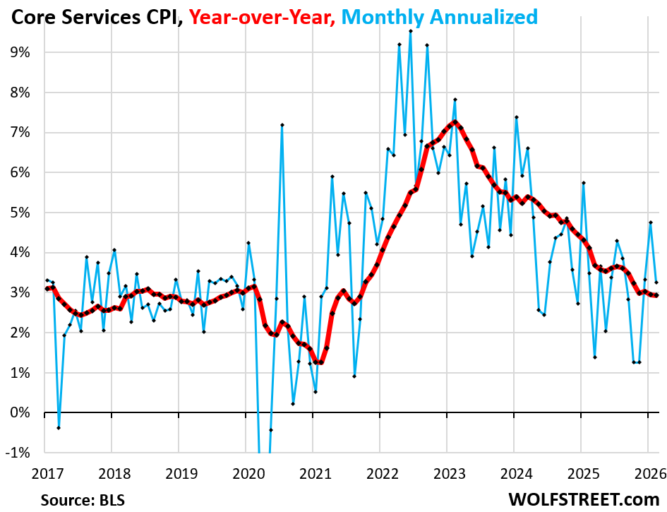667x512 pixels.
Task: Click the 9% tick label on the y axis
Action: pyautogui.click(x=20, y=52)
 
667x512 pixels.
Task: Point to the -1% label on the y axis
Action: pyautogui.click(x=18, y=453)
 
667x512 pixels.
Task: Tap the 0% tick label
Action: pyautogui.click(x=20, y=412)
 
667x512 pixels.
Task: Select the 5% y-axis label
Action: pyautogui.click(x=20, y=213)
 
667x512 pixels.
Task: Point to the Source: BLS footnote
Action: pyautogui.click(x=83, y=500)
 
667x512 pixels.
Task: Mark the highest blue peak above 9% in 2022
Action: pyautogui.click(x=410, y=31)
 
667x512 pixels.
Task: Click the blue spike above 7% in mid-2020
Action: pyautogui.click(x=282, y=125)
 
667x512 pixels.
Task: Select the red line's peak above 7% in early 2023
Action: pyautogui.click(x=455, y=123)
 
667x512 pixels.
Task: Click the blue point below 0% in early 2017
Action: pyautogui.click(x=59, y=428)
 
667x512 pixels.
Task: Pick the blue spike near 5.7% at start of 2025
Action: pyautogui.click(x=584, y=183)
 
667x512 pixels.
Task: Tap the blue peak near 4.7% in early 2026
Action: pyautogui.click(x=651, y=222)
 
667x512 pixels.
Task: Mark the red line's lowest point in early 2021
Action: pyautogui.click(x=321, y=362)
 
